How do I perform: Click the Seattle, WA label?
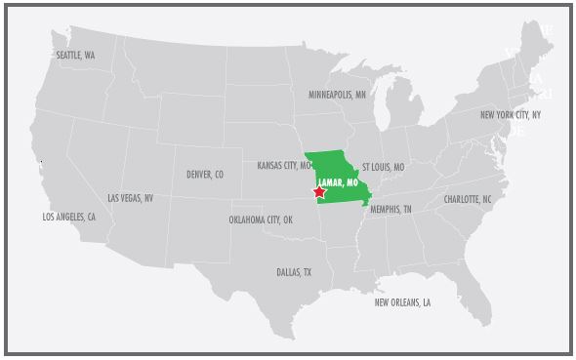click(x=75, y=56)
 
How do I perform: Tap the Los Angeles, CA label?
click(x=68, y=217)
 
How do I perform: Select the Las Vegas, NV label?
click(x=130, y=198)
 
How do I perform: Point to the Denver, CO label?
click(x=205, y=175)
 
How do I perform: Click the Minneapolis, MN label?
click(x=337, y=96)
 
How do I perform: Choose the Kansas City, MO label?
click(x=284, y=166)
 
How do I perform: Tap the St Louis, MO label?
click(x=383, y=167)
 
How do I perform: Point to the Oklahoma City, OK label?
click(x=261, y=220)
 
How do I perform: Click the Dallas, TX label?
click(x=294, y=272)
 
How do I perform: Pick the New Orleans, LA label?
click(x=402, y=302)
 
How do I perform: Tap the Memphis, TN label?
click(x=391, y=210)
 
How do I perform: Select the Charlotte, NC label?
click(x=468, y=198)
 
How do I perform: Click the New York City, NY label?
click(x=511, y=115)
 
